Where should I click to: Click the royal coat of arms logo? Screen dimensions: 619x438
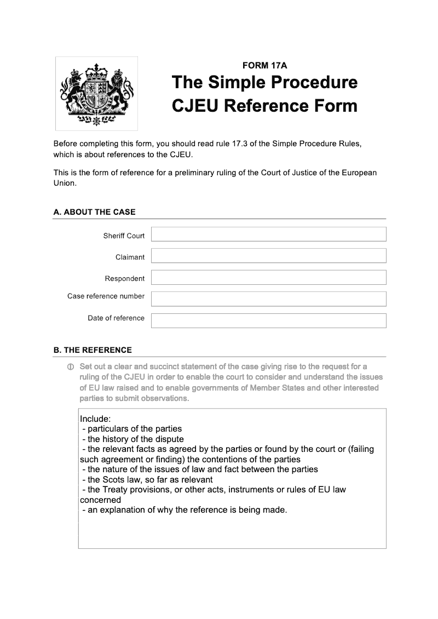[x=96, y=93]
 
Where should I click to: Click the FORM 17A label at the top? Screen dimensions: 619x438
[x=264, y=65]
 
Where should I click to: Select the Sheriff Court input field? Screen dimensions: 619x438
[x=268, y=234]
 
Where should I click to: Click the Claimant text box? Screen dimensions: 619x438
[x=268, y=256]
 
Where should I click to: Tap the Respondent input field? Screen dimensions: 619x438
[x=268, y=277]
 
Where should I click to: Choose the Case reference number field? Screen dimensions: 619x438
[x=268, y=299]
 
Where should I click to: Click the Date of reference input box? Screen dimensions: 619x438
[x=268, y=320]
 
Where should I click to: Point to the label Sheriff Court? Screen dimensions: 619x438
[x=124, y=236]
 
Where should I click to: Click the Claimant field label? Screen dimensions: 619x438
[x=130, y=257]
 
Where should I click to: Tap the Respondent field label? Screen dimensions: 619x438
[x=125, y=278]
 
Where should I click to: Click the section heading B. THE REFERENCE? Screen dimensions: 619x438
[x=93, y=350]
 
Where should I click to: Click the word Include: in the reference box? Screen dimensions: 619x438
[x=96, y=419]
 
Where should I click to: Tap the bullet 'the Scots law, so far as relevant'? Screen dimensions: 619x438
[x=142, y=479]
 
